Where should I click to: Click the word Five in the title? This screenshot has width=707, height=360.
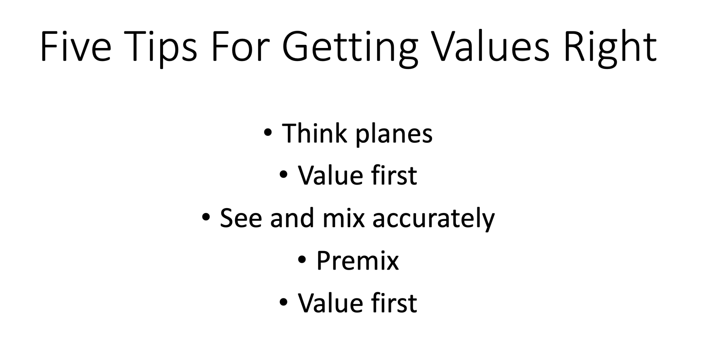coord(76,47)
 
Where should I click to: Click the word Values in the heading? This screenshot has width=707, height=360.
coord(490,47)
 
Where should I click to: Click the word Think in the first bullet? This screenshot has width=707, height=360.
coord(314,133)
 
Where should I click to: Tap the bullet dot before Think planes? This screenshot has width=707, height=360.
coord(268,133)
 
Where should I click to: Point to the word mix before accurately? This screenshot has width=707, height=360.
coord(343,218)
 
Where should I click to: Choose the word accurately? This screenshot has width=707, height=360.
coord(434,220)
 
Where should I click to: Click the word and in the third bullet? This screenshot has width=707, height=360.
coord(292,218)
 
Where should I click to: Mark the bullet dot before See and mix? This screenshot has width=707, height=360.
coord(206,217)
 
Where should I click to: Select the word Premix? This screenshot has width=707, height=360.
coord(357,261)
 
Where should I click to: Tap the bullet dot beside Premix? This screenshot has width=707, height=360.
coord(302,260)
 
